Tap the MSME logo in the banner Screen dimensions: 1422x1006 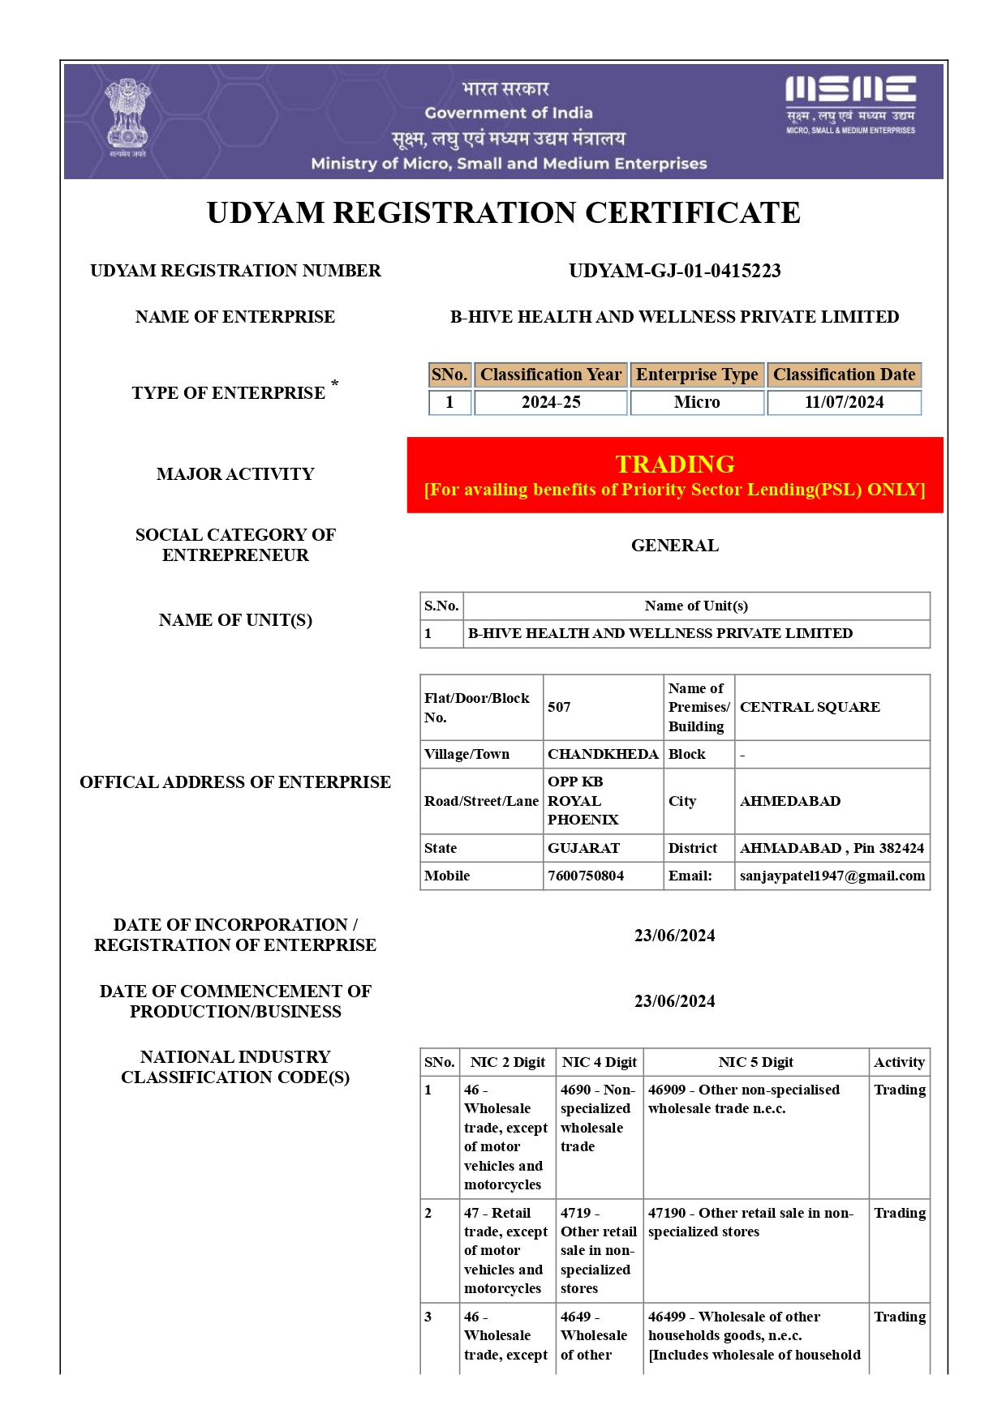[x=850, y=105]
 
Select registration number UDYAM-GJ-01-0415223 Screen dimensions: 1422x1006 [x=674, y=271]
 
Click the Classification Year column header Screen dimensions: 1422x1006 [x=551, y=375]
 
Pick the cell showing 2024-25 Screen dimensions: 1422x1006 [x=551, y=402]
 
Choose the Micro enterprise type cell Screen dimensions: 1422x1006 [x=697, y=402]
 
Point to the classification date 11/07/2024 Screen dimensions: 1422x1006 [x=844, y=402]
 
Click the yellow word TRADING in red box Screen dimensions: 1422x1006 [x=675, y=464]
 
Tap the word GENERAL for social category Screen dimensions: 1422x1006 [x=675, y=546]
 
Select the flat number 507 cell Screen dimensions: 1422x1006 [x=560, y=707]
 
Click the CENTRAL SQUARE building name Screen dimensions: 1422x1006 [x=810, y=707]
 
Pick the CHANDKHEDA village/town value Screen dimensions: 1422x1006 [x=603, y=754]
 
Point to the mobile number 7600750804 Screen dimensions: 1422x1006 [x=586, y=876]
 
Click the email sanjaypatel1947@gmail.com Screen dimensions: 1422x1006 [x=832, y=876]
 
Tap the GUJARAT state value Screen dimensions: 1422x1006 [x=583, y=848]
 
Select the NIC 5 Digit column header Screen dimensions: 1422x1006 [x=755, y=1062]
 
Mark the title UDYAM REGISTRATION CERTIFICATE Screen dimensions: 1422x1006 [x=503, y=212]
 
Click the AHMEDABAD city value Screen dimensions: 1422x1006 [x=789, y=801]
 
